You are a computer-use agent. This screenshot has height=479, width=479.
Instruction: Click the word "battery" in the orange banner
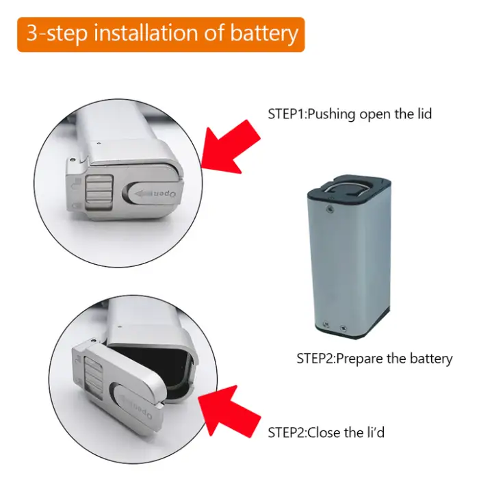click(264, 34)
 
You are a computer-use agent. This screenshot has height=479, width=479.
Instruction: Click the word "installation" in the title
click(147, 33)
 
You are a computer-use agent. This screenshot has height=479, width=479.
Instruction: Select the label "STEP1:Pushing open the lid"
click(350, 114)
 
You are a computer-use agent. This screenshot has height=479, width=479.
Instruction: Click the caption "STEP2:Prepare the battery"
click(374, 359)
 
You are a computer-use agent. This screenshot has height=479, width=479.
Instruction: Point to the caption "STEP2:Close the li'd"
click(326, 432)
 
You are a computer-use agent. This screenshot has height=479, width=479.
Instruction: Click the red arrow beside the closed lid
click(231, 146)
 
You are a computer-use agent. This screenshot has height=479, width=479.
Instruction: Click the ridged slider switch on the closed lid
click(99, 192)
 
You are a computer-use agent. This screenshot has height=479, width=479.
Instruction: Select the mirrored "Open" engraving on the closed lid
click(166, 194)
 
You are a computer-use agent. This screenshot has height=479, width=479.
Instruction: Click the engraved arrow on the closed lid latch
click(143, 193)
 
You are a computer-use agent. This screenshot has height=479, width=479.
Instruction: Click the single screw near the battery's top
click(330, 209)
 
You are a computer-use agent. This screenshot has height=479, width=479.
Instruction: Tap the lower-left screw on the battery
click(326, 324)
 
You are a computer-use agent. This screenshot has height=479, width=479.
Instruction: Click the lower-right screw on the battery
click(343, 328)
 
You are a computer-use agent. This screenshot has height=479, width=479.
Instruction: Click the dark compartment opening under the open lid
click(153, 367)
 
